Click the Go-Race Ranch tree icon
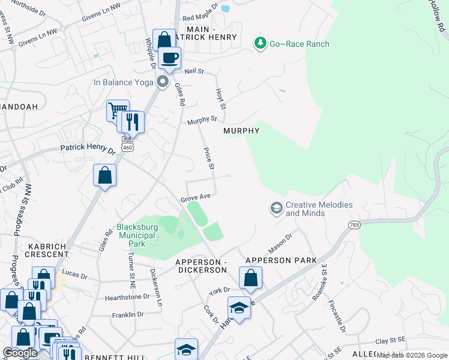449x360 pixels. (260, 43)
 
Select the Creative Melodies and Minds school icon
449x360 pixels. (276, 208)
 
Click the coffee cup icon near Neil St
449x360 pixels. (170, 59)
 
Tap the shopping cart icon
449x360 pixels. (118, 110)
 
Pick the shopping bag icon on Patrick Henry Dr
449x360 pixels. (104, 175)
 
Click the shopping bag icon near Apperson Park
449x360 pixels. (250, 278)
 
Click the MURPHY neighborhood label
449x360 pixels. (241, 131)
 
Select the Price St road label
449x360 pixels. (209, 159)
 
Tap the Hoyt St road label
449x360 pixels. (220, 98)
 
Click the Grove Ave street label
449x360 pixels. (195, 197)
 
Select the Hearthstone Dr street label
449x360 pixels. (127, 296)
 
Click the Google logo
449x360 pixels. (20, 353)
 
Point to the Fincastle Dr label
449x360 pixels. (337, 316)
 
